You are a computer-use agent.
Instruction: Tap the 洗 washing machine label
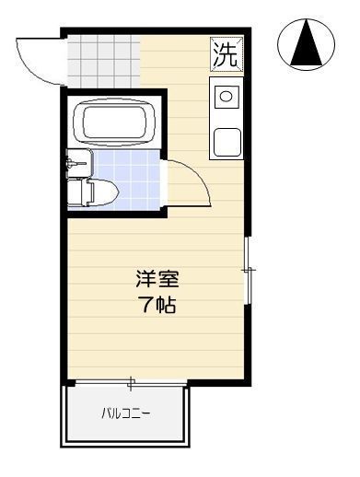click(226, 53)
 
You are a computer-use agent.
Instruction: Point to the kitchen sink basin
click(226, 143)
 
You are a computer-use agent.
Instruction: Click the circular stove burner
click(226, 94)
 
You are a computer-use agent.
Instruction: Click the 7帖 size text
click(157, 303)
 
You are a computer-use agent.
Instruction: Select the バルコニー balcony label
click(125, 413)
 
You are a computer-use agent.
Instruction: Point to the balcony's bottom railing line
click(125, 444)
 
